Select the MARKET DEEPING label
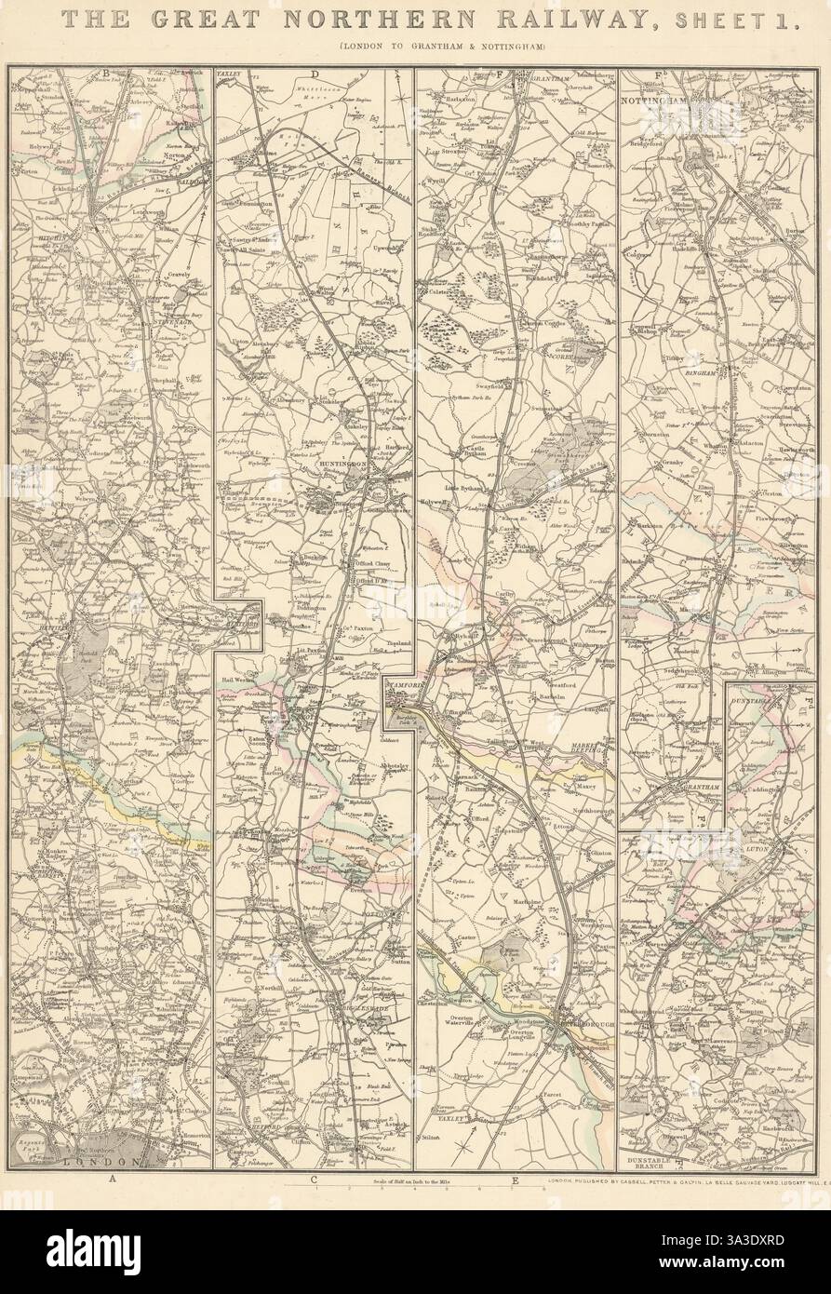pyautogui.click(x=592, y=750)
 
